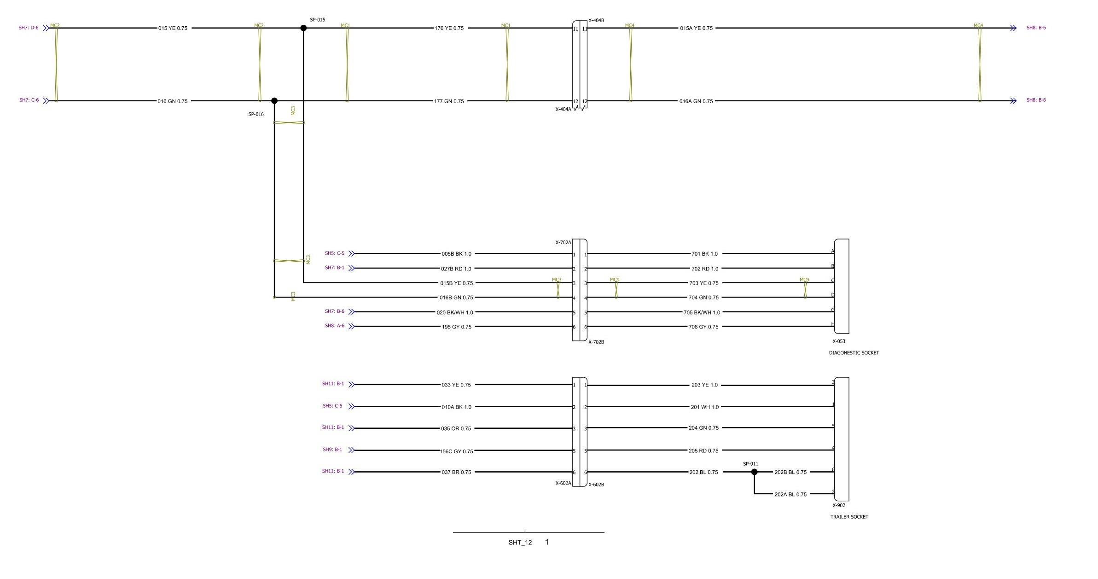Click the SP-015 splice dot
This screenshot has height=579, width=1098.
coord(303,28)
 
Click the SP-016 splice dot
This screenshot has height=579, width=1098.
coord(274,100)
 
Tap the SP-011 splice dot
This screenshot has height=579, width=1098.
coord(754,472)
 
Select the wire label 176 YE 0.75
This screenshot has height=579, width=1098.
coord(449,28)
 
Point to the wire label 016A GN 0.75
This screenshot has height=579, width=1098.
coord(696,101)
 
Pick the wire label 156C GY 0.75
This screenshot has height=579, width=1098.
coord(457,451)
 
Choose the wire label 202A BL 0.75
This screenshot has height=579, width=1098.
coord(790,494)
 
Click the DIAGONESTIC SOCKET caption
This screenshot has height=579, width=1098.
coord(854,353)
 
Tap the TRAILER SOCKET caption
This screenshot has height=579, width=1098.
coord(849,517)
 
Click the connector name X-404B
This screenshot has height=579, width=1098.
coord(596,21)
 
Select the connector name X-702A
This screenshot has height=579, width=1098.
coord(563,242)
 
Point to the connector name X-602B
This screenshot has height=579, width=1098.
coord(596,485)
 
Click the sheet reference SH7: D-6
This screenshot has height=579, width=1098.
coord(29,28)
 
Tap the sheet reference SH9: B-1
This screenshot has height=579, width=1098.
coord(332,450)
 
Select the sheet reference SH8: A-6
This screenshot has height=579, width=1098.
coord(335,326)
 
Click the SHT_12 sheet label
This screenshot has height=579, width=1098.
coord(520,543)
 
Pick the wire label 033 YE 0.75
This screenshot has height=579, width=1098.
coord(456,385)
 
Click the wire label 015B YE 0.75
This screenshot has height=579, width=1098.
coord(457,283)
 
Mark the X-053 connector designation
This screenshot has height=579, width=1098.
coord(839,342)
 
